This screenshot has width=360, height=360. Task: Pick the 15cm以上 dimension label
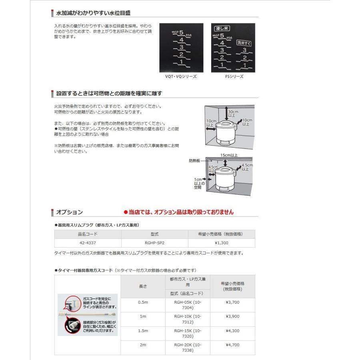[229, 155]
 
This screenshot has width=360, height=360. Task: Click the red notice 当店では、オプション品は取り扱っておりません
[178, 212]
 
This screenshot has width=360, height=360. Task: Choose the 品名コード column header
[88, 234]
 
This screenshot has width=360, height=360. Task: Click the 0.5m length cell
[143, 303]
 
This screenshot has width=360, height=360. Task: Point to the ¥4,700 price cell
[232, 344]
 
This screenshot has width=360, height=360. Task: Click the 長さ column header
[143, 286]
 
